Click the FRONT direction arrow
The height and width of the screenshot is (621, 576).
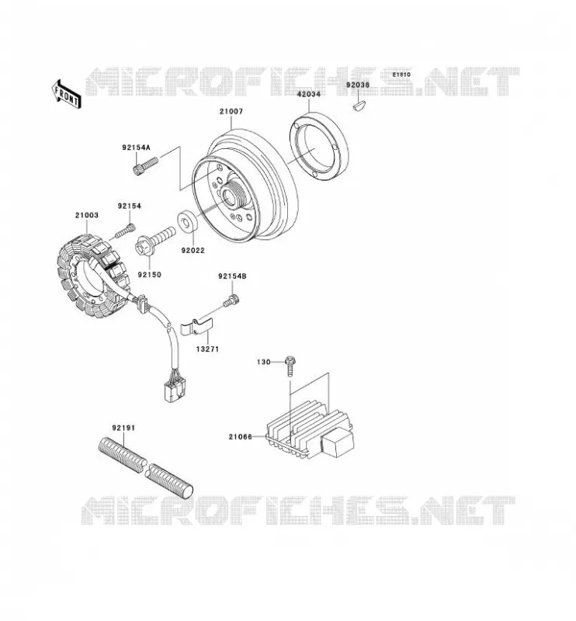pos(67,94)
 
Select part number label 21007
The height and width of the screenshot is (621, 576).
pos(231,112)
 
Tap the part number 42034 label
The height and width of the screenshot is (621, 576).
pos(309,94)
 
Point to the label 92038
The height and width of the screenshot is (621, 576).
pos(358,85)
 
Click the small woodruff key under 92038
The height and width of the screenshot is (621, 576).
pos(359,106)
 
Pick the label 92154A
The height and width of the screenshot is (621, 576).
pos(137,147)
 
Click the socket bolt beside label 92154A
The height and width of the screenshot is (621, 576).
pos(145,166)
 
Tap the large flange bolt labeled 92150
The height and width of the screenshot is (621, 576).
pos(155,240)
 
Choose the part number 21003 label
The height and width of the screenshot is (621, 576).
pos(87,215)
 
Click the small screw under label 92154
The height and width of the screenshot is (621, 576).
pos(125,231)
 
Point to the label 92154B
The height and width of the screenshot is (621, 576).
pos(232,276)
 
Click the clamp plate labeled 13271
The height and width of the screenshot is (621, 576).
pos(196,326)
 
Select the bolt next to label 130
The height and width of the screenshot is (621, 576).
pos(290,366)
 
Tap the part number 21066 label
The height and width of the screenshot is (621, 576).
pos(240,437)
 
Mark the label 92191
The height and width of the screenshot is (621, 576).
pos(123,428)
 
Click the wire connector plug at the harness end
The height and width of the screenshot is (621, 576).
pos(175,387)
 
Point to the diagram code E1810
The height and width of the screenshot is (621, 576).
pos(401,75)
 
